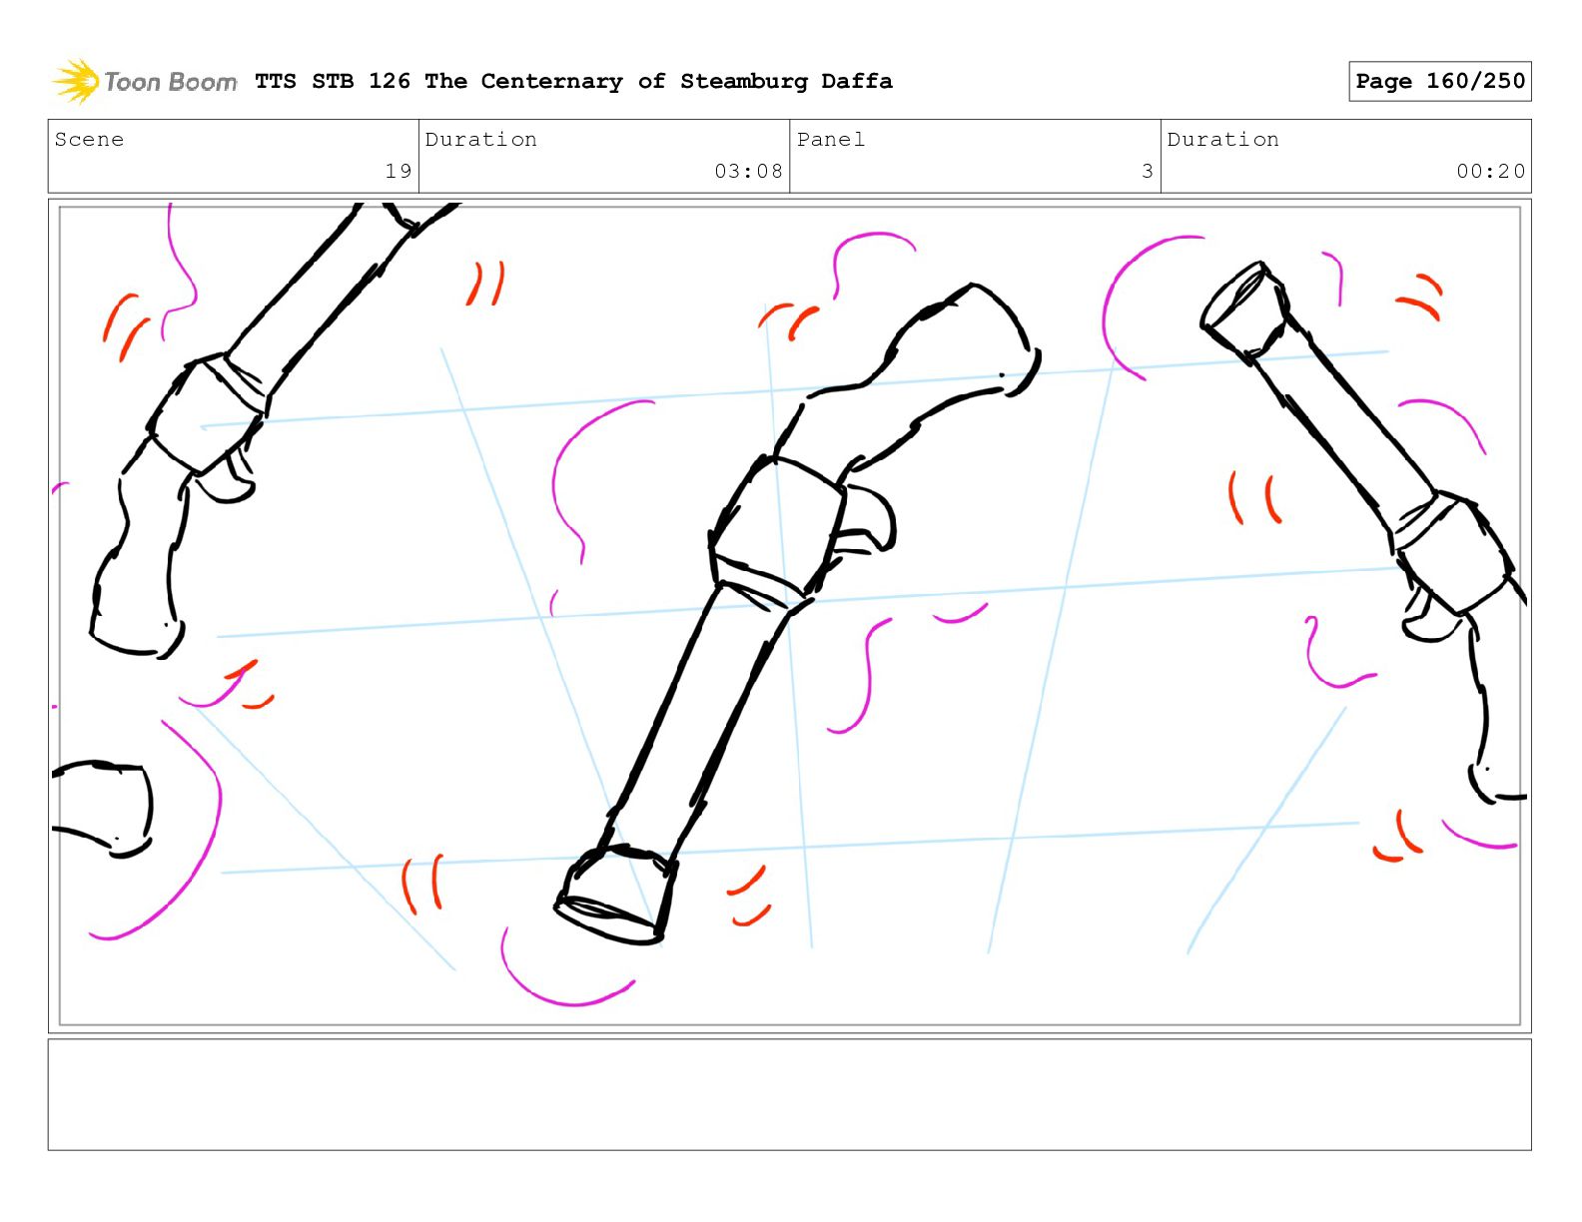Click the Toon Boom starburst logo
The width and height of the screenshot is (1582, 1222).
click(x=75, y=81)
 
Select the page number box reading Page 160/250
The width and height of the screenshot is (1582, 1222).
click(x=1438, y=81)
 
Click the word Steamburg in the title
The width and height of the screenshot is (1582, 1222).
click(x=743, y=81)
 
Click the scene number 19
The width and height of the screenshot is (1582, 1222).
click(x=398, y=171)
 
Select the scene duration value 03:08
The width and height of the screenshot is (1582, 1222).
click(x=748, y=171)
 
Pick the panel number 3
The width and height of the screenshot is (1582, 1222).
click(x=1148, y=171)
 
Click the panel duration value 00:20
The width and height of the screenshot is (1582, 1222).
click(x=1489, y=171)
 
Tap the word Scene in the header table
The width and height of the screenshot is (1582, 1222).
click(x=89, y=139)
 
